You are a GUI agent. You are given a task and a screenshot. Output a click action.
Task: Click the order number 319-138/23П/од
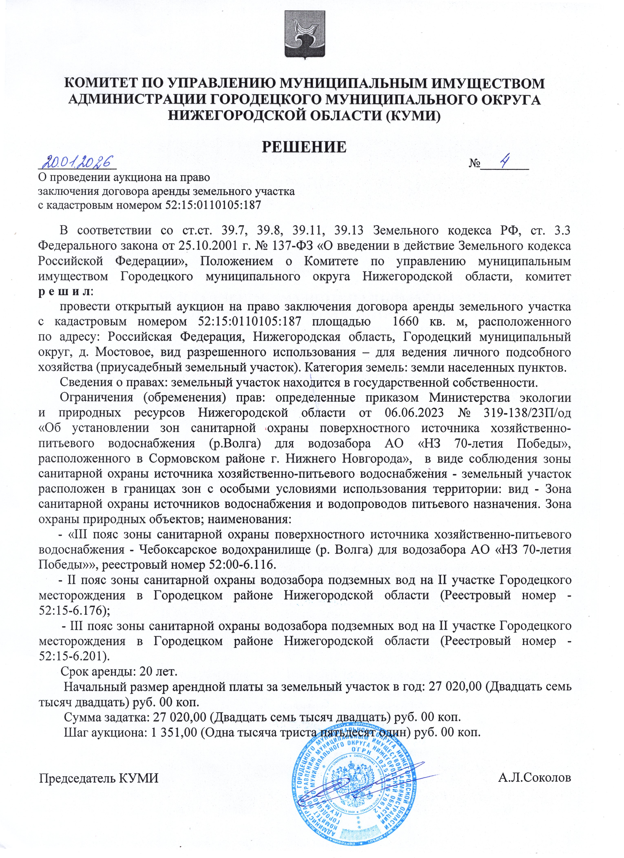(x=527, y=413)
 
